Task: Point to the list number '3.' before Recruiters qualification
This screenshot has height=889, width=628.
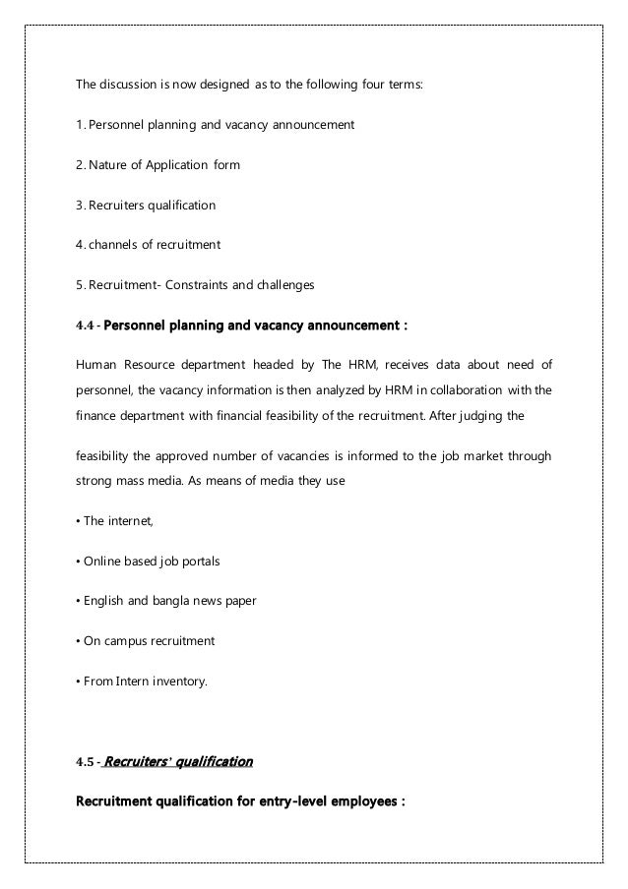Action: [x=81, y=206]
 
